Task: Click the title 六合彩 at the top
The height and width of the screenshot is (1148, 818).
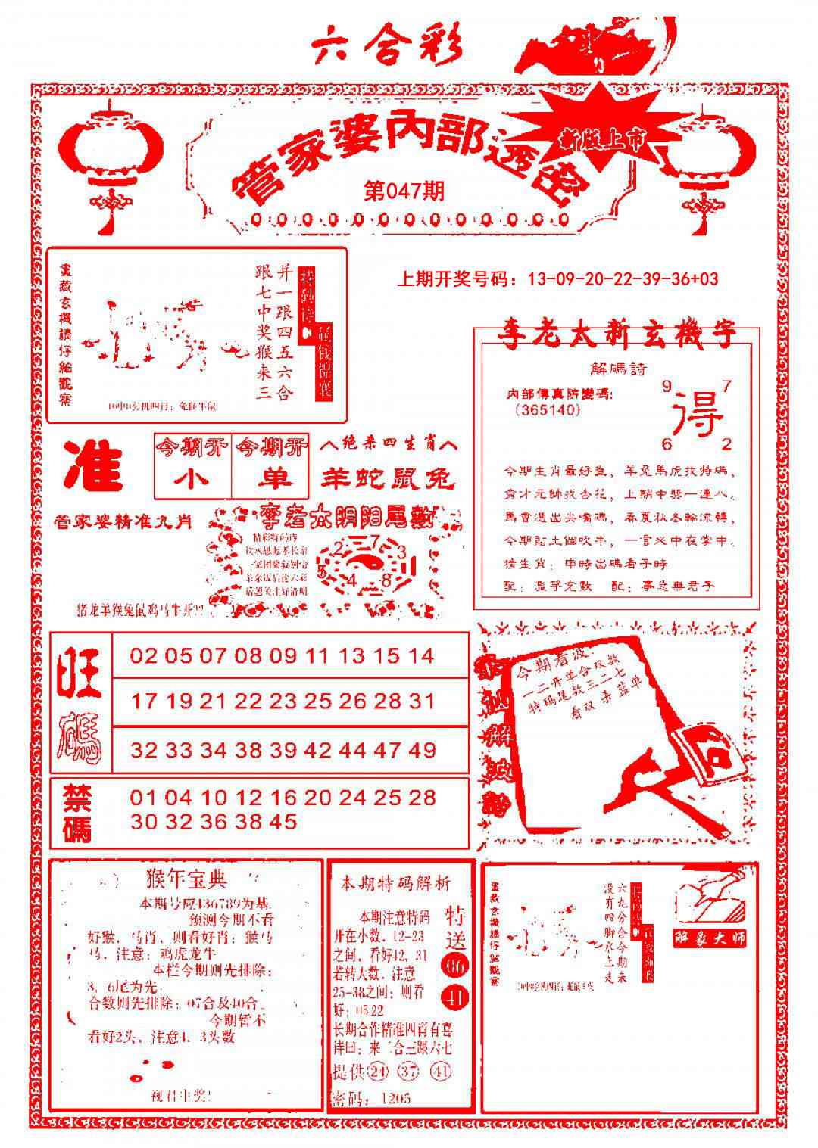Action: [x=387, y=47]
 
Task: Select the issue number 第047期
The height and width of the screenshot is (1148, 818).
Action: [x=404, y=191]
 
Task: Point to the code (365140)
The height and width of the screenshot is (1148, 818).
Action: [x=547, y=409]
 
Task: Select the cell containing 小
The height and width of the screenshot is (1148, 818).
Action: [x=192, y=479]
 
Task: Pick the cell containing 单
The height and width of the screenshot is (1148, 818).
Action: [x=270, y=479]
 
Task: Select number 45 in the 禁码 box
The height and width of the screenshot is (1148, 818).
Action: [x=282, y=822]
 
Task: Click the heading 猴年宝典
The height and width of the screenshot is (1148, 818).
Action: [x=186, y=879]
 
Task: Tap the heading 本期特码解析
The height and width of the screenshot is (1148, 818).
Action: [x=395, y=882]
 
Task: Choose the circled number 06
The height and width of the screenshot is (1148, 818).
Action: [x=456, y=966]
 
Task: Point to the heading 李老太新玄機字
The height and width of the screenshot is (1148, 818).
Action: [x=615, y=334]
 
